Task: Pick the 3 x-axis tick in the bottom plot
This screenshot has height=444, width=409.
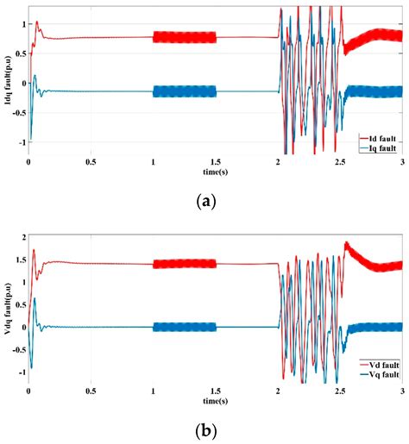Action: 402,390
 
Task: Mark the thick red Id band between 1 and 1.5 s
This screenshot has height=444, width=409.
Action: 185,37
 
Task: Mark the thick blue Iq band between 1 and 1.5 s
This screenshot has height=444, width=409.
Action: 185,91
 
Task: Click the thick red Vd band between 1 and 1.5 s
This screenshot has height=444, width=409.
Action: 185,264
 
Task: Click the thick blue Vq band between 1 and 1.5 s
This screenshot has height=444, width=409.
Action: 185,327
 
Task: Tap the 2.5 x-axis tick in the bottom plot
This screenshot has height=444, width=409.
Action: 340,390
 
